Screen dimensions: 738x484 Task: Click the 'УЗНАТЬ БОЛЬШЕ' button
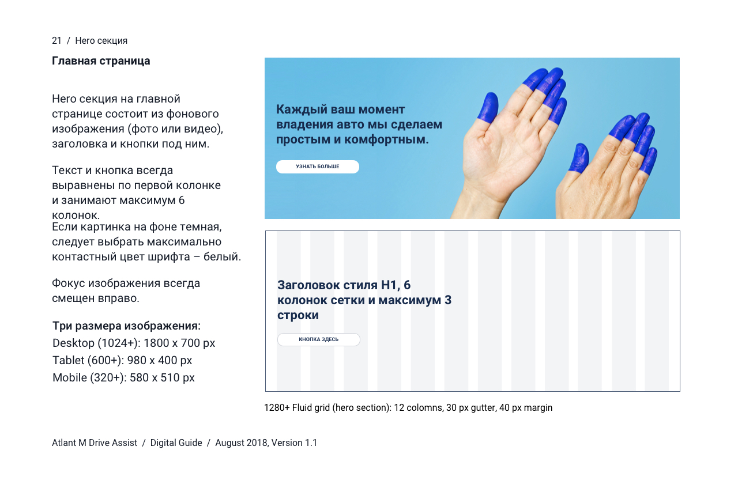(318, 167)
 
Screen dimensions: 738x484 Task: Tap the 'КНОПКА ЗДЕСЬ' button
(319, 339)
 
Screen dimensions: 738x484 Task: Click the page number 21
(57, 40)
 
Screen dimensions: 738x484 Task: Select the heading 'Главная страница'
(101, 61)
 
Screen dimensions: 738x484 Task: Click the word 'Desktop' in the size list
(73, 343)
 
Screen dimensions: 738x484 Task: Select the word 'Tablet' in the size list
(69, 360)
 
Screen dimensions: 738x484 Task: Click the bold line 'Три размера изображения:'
(126, 326)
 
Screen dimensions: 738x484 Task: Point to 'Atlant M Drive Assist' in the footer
(95, 443)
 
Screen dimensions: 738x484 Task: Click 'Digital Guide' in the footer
(176, 443)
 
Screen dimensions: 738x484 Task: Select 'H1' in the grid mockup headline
(390, 285)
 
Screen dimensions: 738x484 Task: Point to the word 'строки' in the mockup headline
(298, 315)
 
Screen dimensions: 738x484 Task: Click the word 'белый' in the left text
(221, 257)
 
